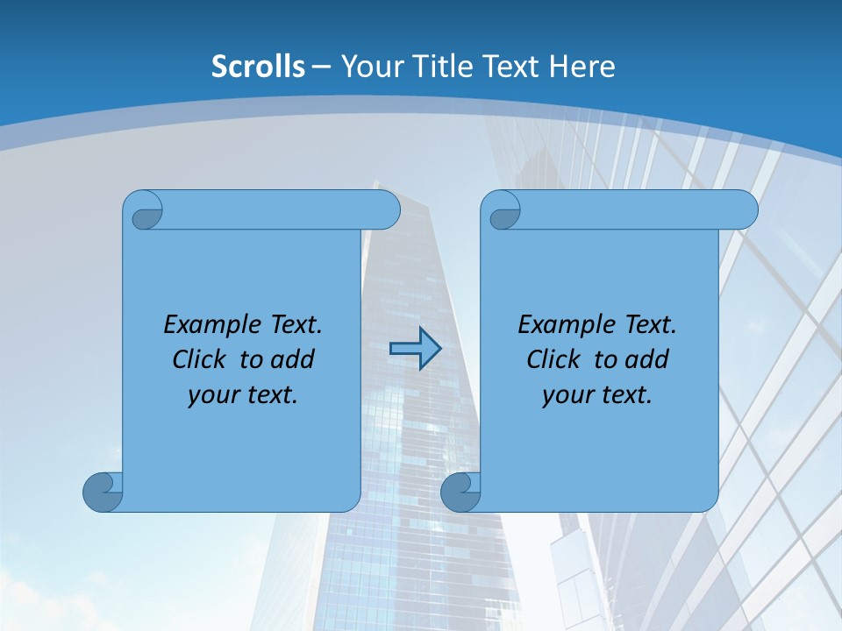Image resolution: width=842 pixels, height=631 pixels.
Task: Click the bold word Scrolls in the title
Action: tap(259, 66)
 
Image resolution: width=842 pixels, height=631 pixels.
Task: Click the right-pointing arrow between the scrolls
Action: tap(415, 349)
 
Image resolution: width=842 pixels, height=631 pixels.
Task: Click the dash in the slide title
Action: tap(321, 66)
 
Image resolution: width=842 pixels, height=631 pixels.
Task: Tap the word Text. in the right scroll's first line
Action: tap(650, 324)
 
